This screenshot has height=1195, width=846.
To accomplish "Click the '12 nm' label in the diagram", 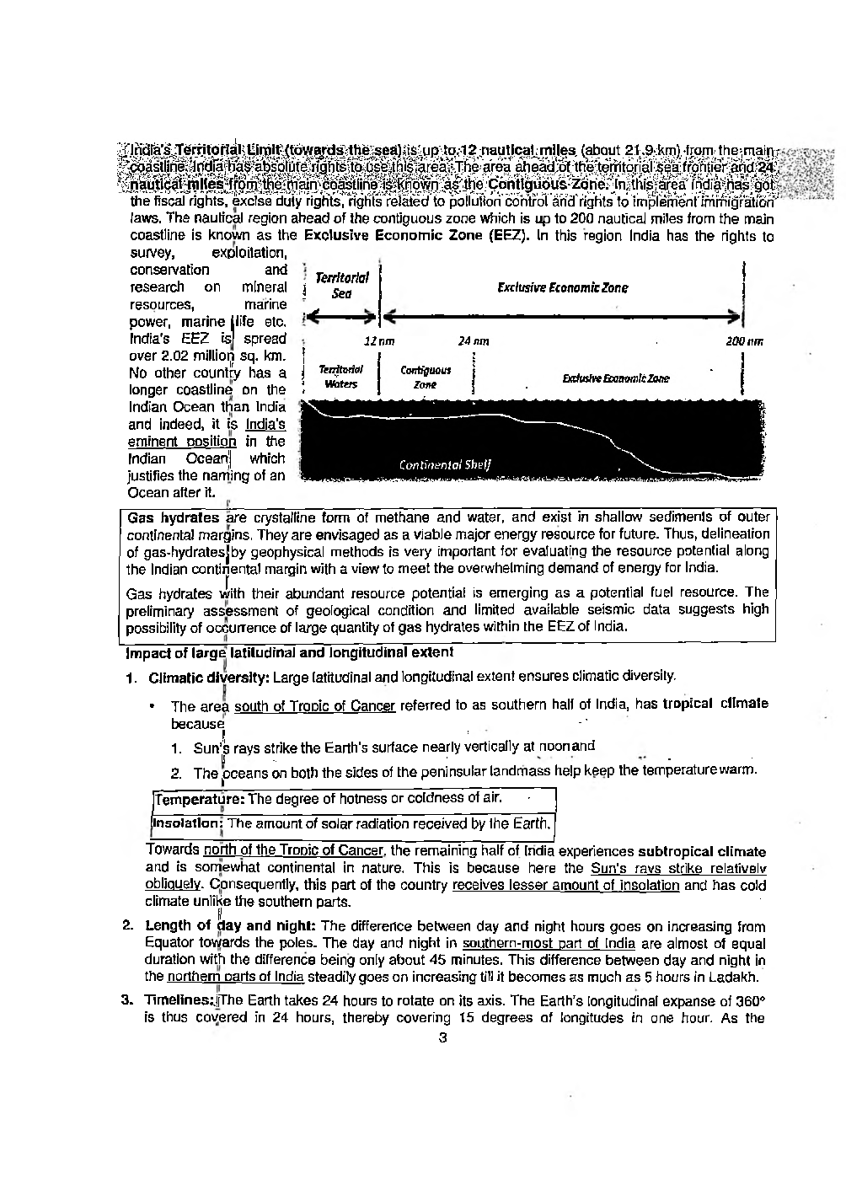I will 378,341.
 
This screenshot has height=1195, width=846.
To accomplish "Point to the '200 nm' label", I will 744,341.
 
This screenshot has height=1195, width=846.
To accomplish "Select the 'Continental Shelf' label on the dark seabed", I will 446,464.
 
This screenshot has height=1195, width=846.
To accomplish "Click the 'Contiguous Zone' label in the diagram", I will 425,377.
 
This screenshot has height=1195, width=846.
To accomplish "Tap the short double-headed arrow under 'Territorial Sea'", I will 342,317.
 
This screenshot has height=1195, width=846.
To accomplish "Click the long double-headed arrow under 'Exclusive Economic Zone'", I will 562,317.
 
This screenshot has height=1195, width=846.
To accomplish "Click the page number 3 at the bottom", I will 442,1037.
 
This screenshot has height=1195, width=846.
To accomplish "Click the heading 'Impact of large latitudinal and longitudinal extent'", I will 289,652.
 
